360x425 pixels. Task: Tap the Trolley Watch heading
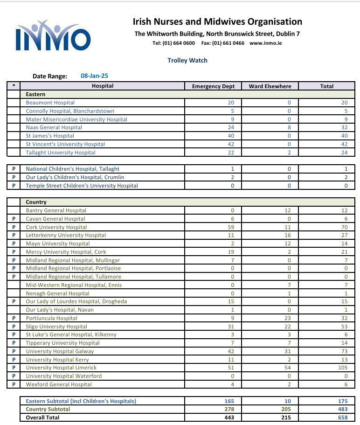pos(187,60)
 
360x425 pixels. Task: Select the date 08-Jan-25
pos(95,76)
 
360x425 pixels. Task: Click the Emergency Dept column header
pos(213,86)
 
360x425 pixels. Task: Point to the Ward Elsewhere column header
pos(270,86)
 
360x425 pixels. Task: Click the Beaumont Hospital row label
pos(50,103)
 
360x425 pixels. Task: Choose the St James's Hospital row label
pos(50,136)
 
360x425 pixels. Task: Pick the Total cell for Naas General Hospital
pos(345,127)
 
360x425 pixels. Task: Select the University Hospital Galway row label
pos(60,351)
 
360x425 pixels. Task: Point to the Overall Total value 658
pos(344,418)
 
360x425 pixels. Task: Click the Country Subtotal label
pos(48,409)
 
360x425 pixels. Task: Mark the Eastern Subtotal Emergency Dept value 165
pos(229,401)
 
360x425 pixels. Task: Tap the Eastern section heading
pos(35,94)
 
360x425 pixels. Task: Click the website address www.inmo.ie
pos(265,43)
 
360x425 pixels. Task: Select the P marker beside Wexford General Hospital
pos(14,384)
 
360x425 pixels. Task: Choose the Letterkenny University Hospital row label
pos(66,235)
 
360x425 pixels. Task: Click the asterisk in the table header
pos(14,86)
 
